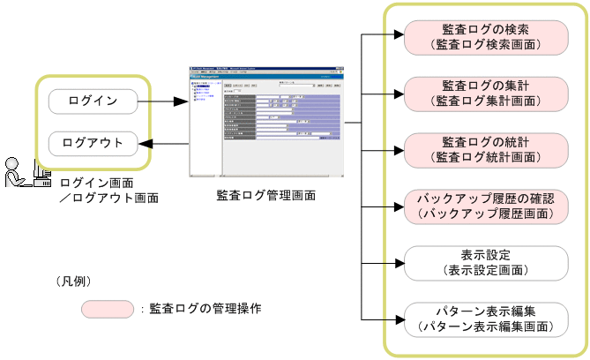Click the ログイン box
[x=93, y=101]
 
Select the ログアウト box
[x=93, y=143]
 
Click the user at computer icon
[x=26, y=173]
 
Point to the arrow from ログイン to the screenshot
[x=165, y=101]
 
